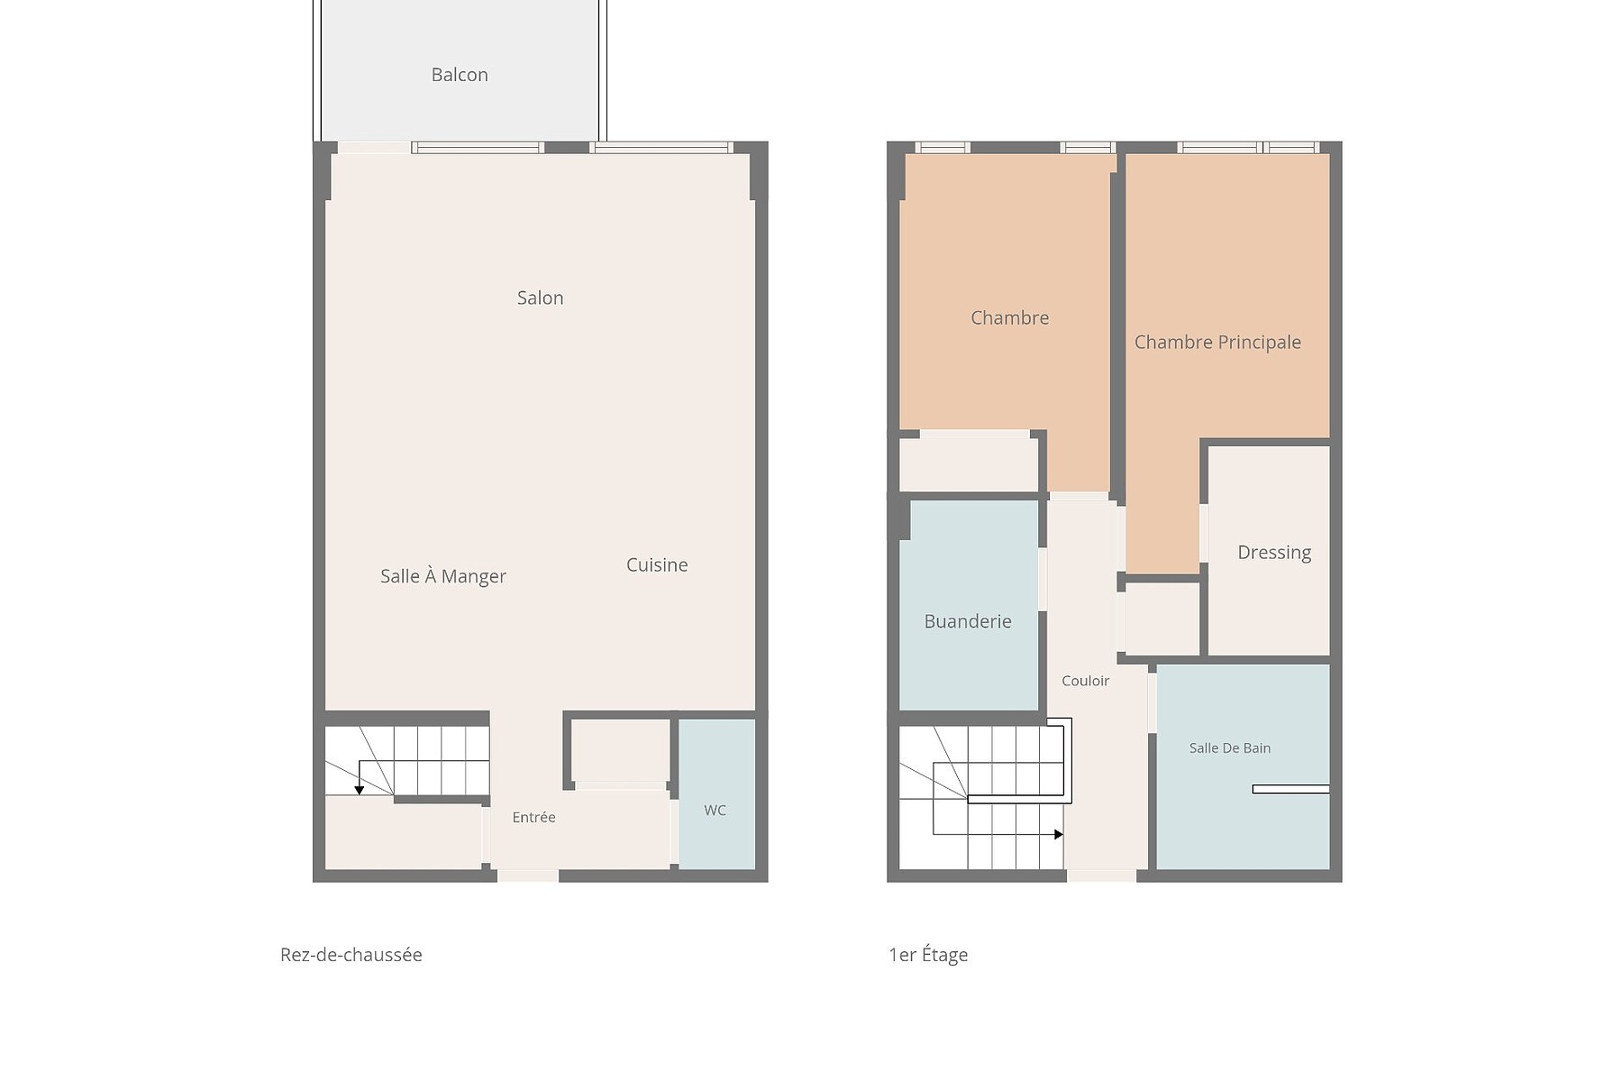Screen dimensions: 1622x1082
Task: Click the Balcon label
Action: click(460, 75)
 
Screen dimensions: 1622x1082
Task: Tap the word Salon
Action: click(540, 298)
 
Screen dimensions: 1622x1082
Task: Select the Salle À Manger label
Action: click(442, 576)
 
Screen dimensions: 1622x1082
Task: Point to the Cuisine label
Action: click(657, 564)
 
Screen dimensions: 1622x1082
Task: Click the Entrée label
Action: click(533, 817)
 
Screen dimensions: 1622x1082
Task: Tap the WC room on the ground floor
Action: click(716, 794)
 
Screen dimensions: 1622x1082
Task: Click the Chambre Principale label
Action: click(1217, 342)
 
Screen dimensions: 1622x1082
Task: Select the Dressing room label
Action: click(1274, 552)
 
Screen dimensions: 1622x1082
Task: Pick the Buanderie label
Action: click(968, 621)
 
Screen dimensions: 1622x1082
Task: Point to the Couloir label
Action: click(1085, 681)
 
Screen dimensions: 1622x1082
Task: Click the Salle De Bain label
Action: click(1230, 747)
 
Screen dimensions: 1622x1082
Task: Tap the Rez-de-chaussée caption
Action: click(351, 955)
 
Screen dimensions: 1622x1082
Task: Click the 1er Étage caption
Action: click(928, 955)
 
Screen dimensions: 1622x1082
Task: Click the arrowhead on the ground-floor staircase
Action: click(360, 790)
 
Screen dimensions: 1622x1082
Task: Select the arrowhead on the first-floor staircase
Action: click(1059, 835)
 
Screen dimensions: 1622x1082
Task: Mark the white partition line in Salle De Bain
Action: click(1290, 789)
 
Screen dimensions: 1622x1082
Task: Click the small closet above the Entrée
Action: click(621, 750)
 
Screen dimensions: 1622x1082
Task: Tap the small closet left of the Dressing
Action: click(1162, 619)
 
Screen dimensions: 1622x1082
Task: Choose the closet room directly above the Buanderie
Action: click(969, 464)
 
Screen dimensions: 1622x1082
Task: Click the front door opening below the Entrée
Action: click(528, 876)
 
